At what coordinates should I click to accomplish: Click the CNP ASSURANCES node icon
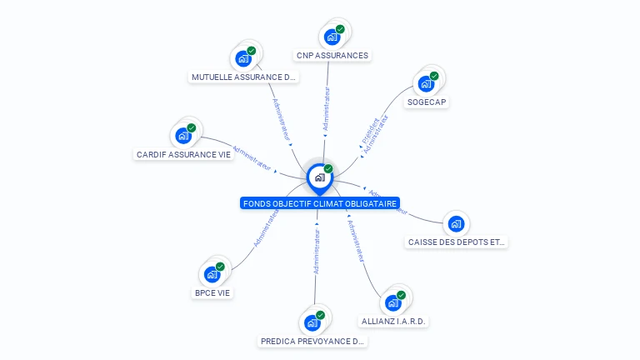click(332, 37)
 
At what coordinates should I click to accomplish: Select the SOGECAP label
click(426, 102)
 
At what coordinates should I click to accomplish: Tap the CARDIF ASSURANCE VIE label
click(183, 154)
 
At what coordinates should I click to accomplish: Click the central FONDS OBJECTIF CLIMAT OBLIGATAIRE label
click(320, 203)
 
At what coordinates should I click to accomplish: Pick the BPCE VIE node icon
click(212, 274)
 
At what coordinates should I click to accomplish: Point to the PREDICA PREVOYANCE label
click(312, 341)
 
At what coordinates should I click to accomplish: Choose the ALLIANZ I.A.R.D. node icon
click(393, 302)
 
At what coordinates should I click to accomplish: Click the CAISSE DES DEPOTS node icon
click(456, 224)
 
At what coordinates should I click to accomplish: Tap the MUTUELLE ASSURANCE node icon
click(242, 58)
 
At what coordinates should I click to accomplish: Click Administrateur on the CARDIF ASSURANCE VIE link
click(252, 158)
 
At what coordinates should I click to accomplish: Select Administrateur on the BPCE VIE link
click(266, 228)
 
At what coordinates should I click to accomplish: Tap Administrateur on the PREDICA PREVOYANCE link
click(317, 252)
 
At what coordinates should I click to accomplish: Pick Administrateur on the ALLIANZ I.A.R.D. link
click(357, 242)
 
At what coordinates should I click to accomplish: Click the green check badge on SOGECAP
click(433, 77)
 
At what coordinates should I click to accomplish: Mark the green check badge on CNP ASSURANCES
click(340, 30)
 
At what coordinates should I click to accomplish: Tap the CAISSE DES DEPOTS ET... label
click(457, 242)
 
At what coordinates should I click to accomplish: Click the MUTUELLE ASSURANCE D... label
click(243, 77)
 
